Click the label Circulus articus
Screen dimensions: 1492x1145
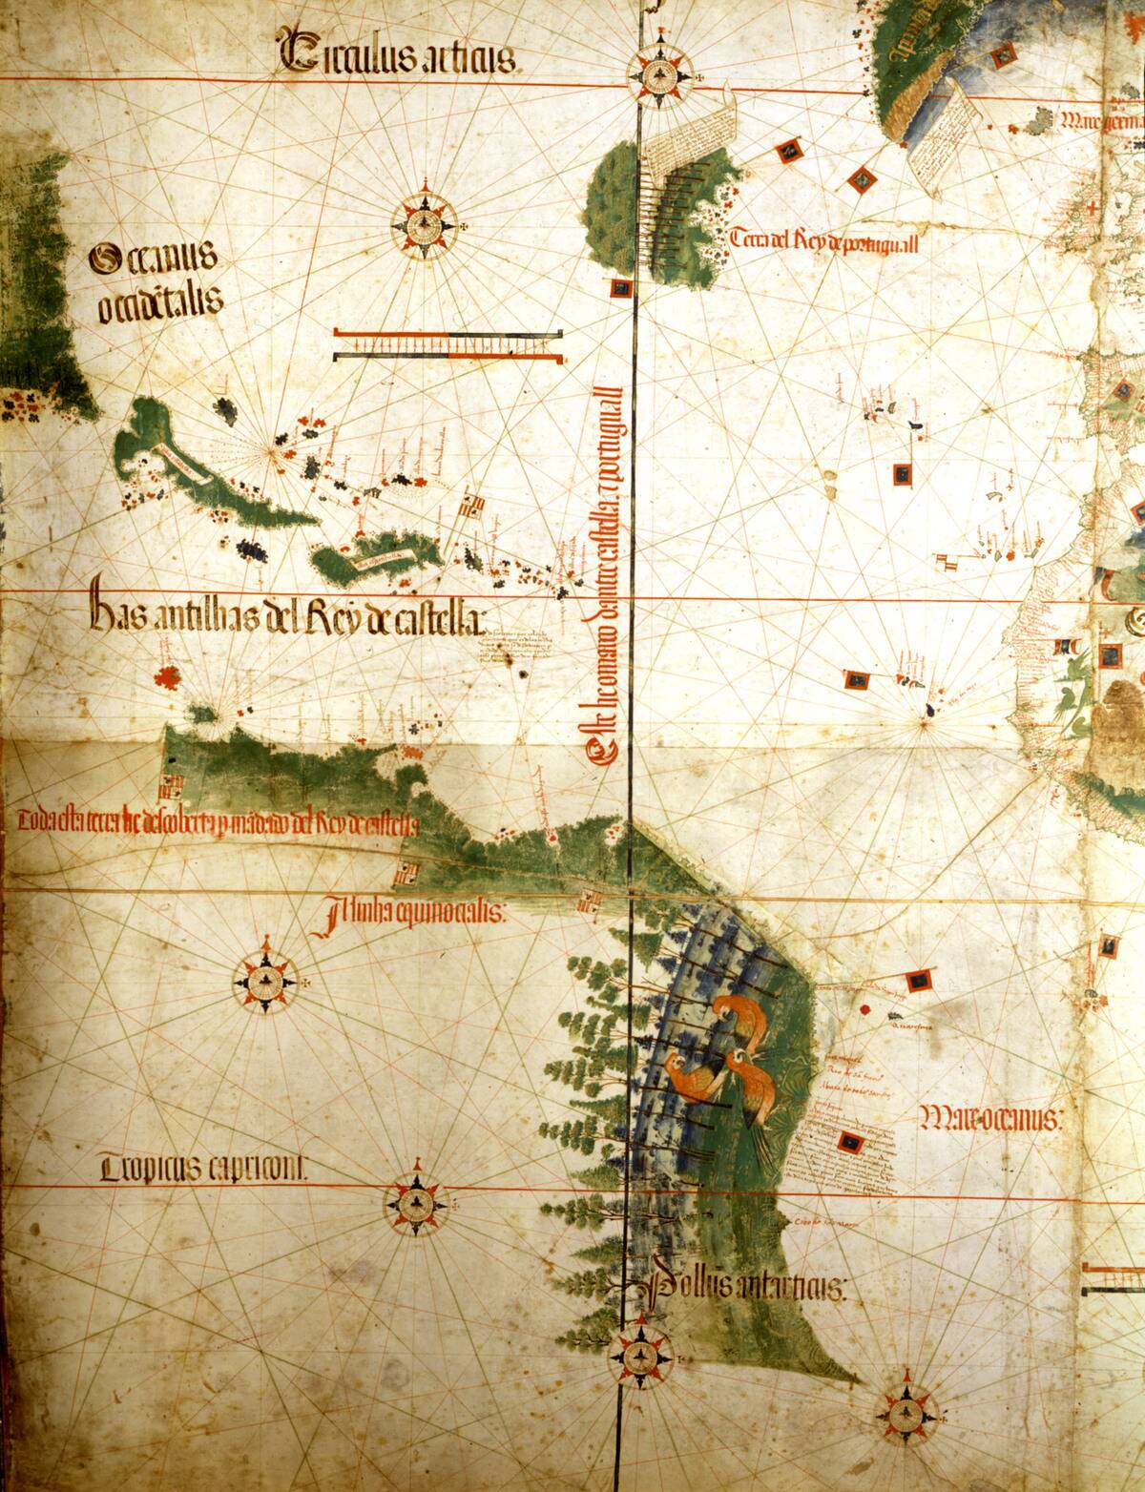pyautogui.click(x=397, y=54)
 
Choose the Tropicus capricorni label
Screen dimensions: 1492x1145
pyautogui.click(x=204, y=1168)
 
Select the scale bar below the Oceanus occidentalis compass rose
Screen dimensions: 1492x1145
pyautogui.click(x=448, y=344)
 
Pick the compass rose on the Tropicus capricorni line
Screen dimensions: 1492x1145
pyautogui.click(x=416, y=1205)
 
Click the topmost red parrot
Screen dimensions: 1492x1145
pyautogui.click(x=739, y=1016)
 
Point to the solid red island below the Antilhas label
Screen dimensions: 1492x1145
pyautogui.click(x=170, y=677)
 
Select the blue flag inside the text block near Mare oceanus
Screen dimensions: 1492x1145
pyautogui.click(x=845, y=1142)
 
